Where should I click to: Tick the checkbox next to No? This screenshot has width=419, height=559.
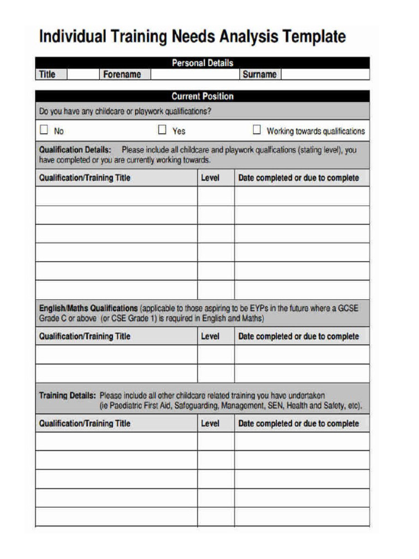tap(44, 130)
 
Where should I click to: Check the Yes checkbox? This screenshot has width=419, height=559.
tap(162, 130)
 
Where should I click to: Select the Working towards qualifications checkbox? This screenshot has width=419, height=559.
tap(256, 130)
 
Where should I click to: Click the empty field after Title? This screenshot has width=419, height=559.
tap(83, 74)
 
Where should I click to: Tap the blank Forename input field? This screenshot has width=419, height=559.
tap(194, 74)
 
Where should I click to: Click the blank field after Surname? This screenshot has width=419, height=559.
tap(325, 74)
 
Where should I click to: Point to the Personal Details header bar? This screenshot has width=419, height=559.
tap(202, 63)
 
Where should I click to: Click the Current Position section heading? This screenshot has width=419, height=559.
tap(202, 97)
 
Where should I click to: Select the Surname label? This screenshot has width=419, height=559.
tap(259, 74)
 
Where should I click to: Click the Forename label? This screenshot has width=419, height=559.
tap(122, 74)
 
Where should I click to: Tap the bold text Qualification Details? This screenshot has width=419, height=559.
tap(75, 150)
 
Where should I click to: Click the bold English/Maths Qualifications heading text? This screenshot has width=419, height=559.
tap(88, 308)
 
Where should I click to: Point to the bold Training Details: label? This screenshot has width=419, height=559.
tap(68, 395)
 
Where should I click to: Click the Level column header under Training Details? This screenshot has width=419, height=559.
tap(210, 424)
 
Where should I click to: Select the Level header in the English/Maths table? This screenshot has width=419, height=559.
tap(210, 336)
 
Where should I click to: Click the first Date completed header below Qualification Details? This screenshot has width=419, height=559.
tap(298, 178)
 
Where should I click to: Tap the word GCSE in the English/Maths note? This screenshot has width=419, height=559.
tap(348, 308)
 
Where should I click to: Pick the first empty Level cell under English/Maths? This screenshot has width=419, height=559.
tap(216, 354)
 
